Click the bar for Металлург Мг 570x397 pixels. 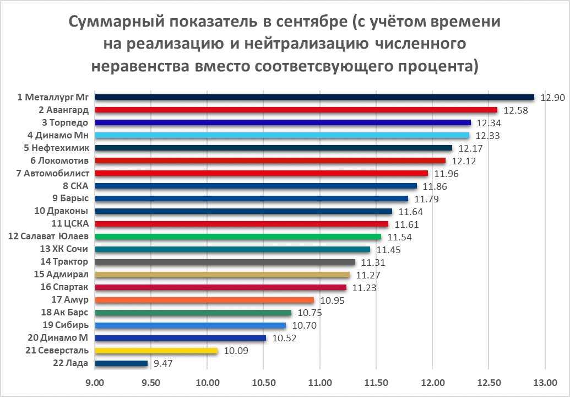[x=314, y=97]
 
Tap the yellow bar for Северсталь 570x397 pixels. [x=156, y=351]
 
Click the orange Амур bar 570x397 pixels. [x=204, y=300]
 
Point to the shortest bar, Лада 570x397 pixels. [x=121, y=363]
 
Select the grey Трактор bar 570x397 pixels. [x=225, y=262]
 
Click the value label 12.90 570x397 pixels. [x=552, y=98]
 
